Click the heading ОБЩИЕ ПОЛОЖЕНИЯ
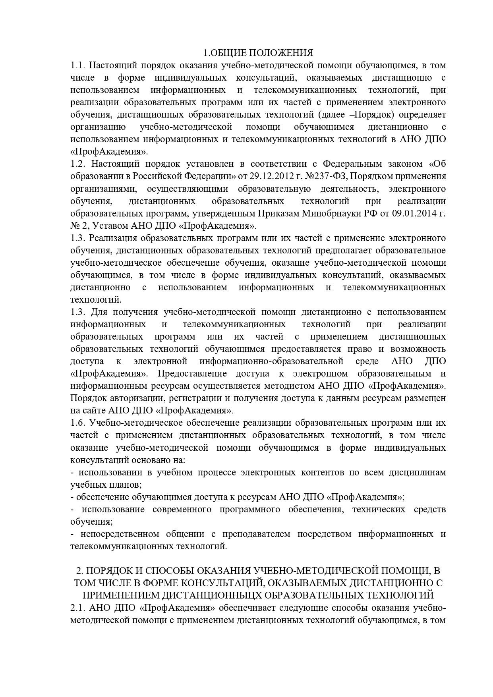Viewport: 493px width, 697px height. click(263, 53)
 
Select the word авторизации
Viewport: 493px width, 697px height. click(134, 398)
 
